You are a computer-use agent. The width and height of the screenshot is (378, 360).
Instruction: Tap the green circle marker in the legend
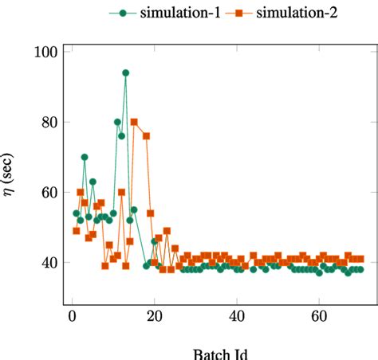click(123, 13)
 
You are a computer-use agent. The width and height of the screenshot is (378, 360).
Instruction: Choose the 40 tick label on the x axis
click(237, 317)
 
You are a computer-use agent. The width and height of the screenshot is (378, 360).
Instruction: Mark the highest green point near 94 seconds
click(125, 72)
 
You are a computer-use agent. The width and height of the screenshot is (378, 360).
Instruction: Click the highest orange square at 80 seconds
click(134, 122)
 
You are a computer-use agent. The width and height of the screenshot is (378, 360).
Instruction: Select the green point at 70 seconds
click(85, 157)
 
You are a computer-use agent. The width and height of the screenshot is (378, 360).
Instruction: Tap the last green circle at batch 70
click(360, 269)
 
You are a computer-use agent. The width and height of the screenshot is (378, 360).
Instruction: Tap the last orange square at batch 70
click(360, 259)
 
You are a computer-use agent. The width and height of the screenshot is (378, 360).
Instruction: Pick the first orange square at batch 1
click(77, 231)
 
